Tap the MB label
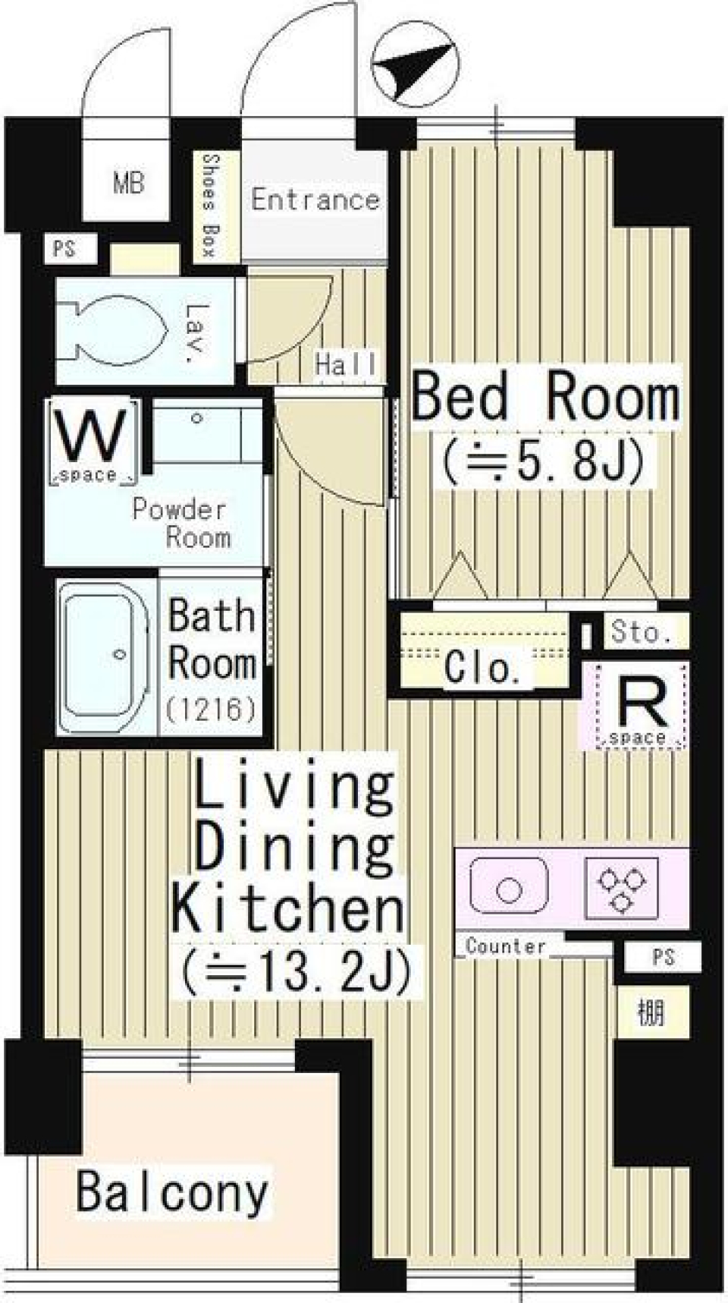tap(128, 183)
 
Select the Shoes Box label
tap(211, 205)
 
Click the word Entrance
tap(315, 200)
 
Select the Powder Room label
tap(181, 523)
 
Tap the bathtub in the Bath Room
tap(105, 657)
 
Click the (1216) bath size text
tap(211, 710)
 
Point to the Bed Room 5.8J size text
tap(544, 461)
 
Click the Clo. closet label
tap(482, 669)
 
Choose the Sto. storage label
tap(642, 632)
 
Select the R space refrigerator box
tap(641, 707)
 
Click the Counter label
tap(505, 946)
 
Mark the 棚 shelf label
tap(651, 1012)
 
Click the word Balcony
tap(172, 1192)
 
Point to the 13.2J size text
tap(297, 971)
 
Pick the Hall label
tap(346, 365)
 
